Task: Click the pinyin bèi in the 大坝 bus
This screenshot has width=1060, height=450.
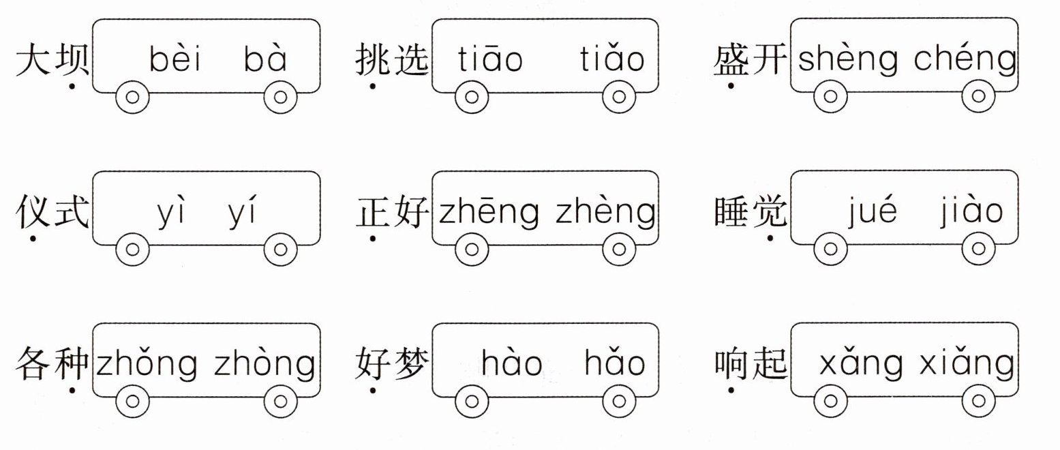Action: point(175,60)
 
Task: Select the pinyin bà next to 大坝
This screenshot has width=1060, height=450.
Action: point(266,60)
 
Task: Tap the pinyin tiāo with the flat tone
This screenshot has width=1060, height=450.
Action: point(490,60)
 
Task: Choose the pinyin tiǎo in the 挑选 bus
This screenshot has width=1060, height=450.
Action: point(612,60)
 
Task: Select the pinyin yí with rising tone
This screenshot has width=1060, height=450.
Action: point(243,213)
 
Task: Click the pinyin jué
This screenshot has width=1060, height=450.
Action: point(872,213)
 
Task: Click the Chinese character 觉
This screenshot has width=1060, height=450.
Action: point(769,212)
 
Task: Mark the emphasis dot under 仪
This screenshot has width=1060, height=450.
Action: point(33,239)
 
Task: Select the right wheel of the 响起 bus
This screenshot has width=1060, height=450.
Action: point(978,400)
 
